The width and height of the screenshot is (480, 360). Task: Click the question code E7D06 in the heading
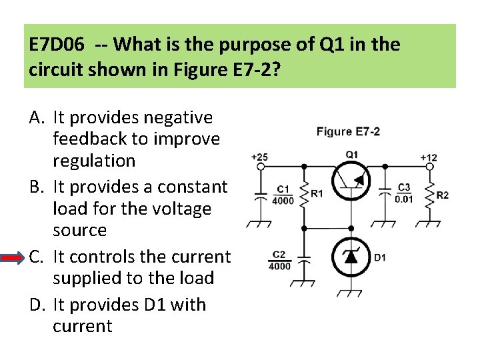coord(56,45)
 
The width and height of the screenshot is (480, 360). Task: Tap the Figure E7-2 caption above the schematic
coord(348,131)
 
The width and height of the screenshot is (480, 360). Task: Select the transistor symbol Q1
coord(351,181)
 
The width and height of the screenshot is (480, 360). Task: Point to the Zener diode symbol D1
coord(351,257)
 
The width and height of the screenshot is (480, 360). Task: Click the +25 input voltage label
coord(259,157)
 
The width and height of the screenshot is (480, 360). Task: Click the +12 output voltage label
coord(429,157)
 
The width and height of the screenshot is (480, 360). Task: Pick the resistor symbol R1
coord(305,193)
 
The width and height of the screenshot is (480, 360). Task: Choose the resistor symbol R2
coord(429,194)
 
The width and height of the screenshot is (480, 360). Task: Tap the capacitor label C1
coord(283,189)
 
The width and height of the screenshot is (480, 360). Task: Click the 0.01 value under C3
coord(403,199)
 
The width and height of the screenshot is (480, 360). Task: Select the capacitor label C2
coord(279,255)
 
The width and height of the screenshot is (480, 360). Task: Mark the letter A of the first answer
coord(37,118)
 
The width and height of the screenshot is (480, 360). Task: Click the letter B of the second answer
coord(36,187)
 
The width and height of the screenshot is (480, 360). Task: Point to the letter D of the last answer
coord(37,305)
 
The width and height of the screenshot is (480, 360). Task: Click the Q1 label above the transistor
coord(351,155)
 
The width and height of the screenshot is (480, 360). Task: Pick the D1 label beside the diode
coord(380,257)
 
